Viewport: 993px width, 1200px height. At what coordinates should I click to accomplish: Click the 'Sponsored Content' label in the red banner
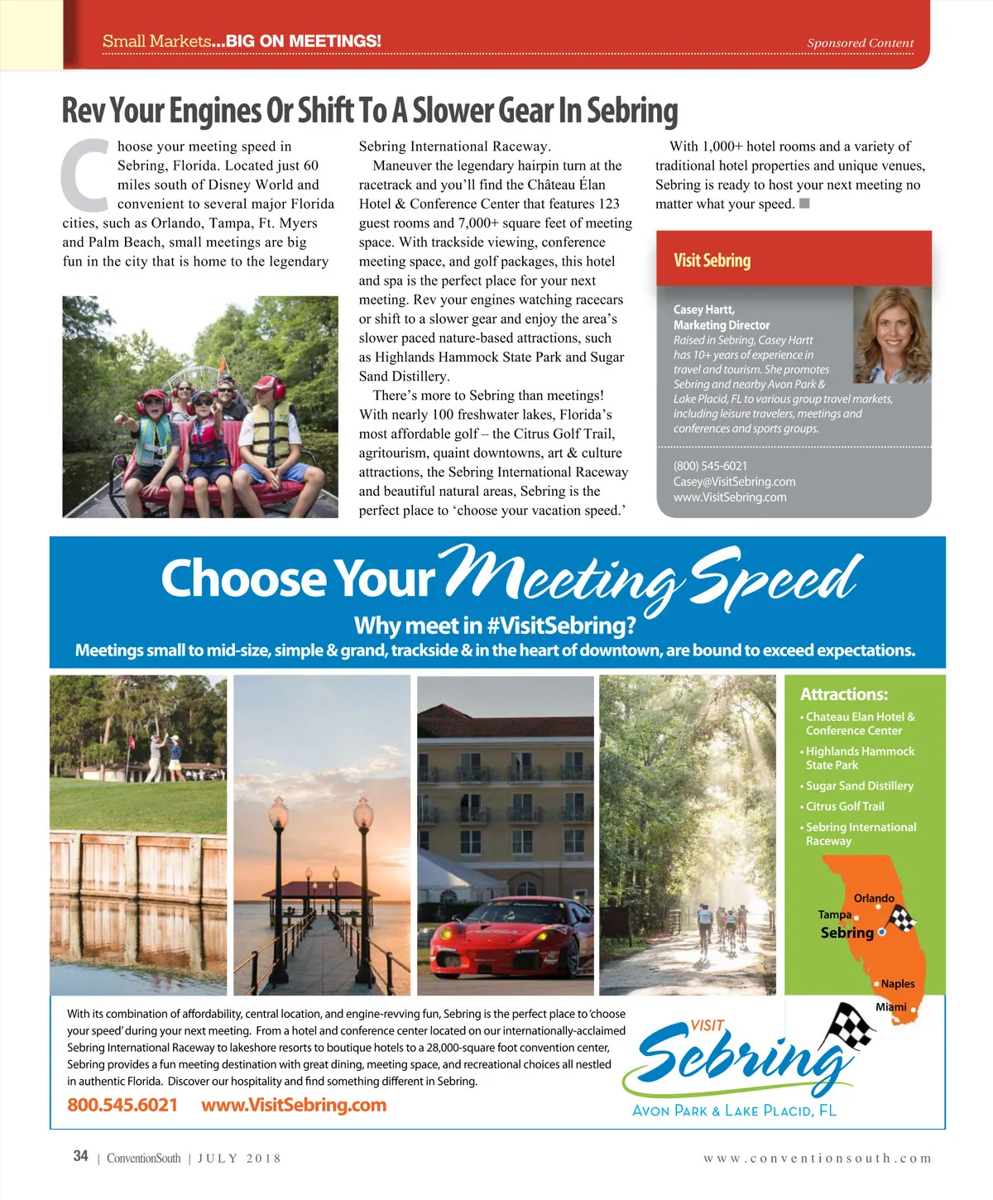(x=860, y=43)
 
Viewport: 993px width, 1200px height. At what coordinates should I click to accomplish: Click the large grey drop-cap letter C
(x=85, y=175)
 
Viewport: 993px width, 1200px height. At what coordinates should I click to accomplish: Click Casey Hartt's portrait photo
(x=891, y=334)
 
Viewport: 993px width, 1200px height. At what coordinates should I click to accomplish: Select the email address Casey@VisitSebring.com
(x=734, y=482)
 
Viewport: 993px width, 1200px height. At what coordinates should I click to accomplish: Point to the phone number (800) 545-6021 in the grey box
(x=710, y=466)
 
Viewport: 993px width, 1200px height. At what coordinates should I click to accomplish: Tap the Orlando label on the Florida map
(x=874, y=898)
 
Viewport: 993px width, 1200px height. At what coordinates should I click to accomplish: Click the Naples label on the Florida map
(x=897, y=984)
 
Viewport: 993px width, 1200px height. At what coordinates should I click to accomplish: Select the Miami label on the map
(x=890, y=1007)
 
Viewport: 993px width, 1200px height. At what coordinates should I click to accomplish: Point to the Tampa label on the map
(x=834, y=914)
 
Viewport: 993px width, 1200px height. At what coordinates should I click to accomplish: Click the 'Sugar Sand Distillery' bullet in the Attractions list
(x=859, y=785)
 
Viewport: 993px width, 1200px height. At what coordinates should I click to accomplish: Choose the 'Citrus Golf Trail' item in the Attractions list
(x=845, y=806)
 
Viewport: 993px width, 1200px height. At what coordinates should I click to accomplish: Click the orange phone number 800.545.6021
(x=122, y=1105)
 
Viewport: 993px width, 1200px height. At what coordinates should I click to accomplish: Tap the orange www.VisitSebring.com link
(x=294, y=1105)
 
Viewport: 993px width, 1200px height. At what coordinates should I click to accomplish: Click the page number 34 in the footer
(x=80, y=1156)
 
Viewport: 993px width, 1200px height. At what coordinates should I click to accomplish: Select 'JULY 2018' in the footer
(x=239, y=1159)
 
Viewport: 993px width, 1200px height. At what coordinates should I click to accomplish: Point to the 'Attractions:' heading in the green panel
(x=843, y=694)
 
